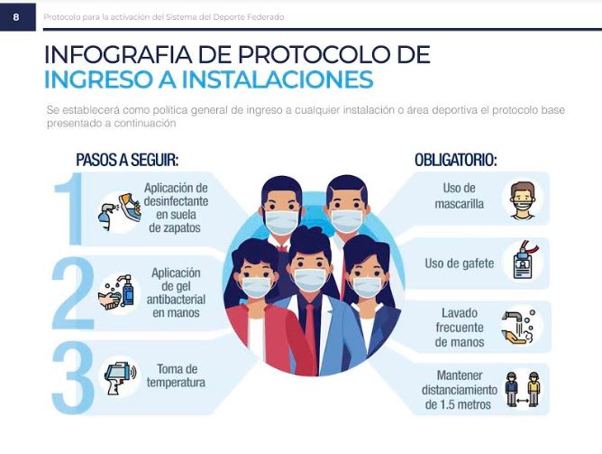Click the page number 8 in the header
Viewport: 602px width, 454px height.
pos(15,17)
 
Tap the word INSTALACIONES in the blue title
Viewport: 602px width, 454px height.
pos(278,79)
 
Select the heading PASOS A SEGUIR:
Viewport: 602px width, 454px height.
pos(127,160)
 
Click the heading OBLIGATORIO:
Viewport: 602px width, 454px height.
pos(456,160)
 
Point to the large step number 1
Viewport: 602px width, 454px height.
pos(70,208)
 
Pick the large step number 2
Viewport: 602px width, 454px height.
pos(73,294)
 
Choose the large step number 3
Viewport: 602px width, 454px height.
pos(73,377)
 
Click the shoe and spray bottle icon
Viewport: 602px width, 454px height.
pos(120,212)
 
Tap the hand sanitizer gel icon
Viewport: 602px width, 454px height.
pos(117,293)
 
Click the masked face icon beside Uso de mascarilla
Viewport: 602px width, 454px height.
pos(523,201)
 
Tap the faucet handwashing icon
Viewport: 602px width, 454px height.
pos(518,327)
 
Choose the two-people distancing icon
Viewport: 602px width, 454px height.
pos(523,389)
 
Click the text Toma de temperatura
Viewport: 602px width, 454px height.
pos(177,376)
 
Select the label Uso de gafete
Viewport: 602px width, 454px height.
pos(460,264)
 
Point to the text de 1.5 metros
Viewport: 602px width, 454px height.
pos(458,404)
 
